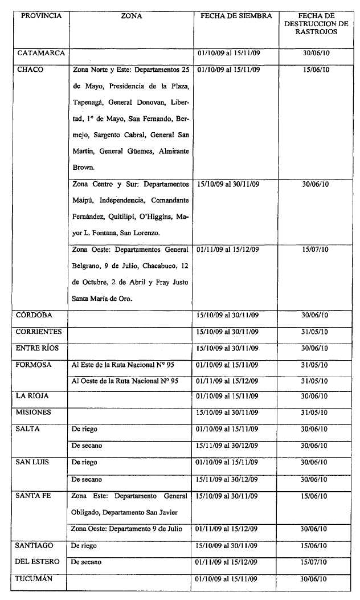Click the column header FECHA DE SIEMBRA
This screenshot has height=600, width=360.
click(236, 16)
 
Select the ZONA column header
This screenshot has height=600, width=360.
click(132, 16)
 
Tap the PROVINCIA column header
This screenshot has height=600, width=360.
click(41, 16)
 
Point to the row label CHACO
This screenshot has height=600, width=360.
click(31, 70)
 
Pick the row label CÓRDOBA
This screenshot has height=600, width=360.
click(35, 315)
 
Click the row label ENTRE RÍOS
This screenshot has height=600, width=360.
click(38, 348)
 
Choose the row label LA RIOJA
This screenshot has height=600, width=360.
click(34, 396)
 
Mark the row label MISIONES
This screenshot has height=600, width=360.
click(34, 412)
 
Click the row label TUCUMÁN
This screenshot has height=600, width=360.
click(35, 579)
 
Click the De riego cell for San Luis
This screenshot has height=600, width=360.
click(84, 462)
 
